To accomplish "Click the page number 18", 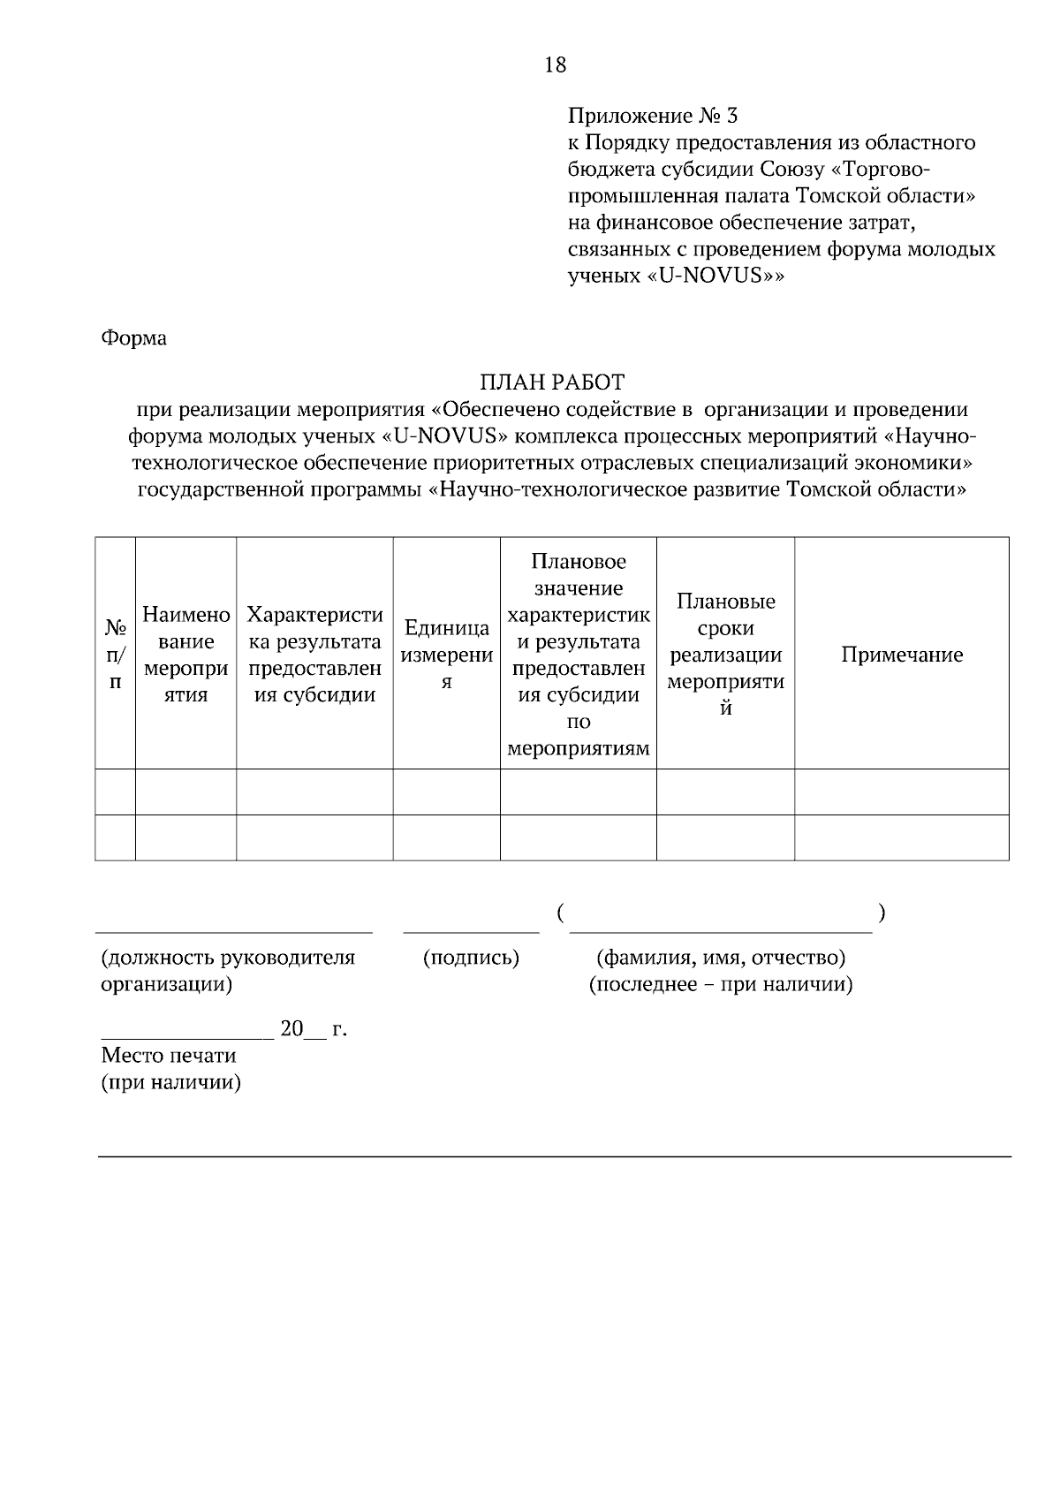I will point(556,64).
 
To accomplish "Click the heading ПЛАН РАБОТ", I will point(552,383).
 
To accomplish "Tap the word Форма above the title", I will point(133,337).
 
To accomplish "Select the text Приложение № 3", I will point(652,116).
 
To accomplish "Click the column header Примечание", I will point(901,655).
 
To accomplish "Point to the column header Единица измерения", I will point(447,655).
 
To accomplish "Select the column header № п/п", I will point(116,655).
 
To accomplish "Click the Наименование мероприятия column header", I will point(186,655).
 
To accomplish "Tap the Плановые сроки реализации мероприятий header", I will point(725,655).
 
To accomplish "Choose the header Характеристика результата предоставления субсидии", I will point(314,655).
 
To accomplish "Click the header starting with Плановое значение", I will point(579,655).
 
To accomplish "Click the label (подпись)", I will point(471,958).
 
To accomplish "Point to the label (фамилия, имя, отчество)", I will point(721,958).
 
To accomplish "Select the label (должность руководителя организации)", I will point(228,970).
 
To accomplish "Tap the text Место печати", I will point(169,1056).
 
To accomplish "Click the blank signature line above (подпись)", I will point(471,930).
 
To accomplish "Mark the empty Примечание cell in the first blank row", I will point(901,792).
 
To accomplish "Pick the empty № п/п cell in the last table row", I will point(116,837).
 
